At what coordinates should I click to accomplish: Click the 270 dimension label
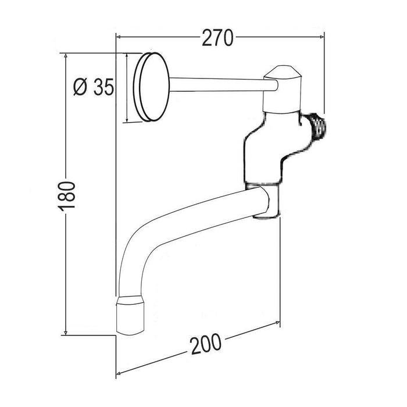(217, 38)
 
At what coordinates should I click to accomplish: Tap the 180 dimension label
(67, 197)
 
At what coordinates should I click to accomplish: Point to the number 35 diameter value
(103, 87)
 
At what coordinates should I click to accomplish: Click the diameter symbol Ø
(80, 87)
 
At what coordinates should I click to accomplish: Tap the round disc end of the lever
(151, 87)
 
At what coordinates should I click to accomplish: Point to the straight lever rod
(223, 85)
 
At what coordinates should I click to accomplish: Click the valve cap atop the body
(282, 89)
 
